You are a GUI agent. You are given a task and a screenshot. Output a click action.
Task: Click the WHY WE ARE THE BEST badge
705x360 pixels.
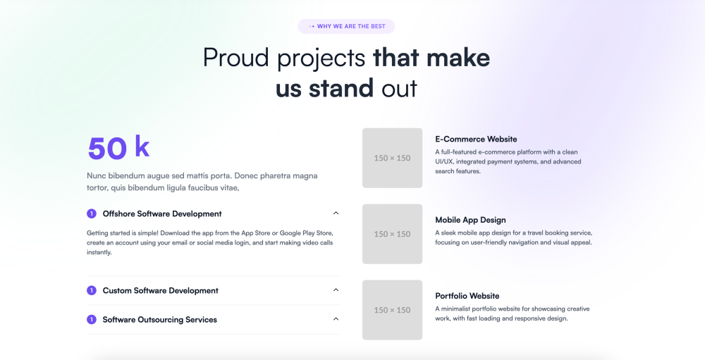tap(346, 27)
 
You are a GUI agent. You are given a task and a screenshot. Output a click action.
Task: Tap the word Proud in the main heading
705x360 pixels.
tap(236, 58)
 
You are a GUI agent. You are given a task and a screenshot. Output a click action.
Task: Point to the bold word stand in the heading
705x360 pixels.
tap(341, 87)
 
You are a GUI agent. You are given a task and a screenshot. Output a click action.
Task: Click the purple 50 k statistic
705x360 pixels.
tap(118, 147)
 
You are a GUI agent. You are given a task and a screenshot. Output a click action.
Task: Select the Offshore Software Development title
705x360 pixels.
tap(162, 214)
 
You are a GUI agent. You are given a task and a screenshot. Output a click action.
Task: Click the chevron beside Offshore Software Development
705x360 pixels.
tap(336, 213)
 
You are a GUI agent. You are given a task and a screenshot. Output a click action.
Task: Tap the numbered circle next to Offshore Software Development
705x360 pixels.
tap(92, 213)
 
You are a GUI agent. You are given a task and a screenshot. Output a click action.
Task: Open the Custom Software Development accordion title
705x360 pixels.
tap(161, 291)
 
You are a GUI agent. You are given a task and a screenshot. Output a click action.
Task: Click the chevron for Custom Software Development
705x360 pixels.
tap(336, 290)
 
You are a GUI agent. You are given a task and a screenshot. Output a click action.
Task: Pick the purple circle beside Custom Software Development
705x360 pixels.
tap(92, 290)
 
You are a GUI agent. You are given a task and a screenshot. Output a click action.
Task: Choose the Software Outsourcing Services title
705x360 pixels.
tap(159, 320)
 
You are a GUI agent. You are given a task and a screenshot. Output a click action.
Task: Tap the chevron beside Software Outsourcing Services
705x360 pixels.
tap(336, 319)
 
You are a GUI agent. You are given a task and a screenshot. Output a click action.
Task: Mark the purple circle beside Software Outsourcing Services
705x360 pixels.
tap(92, 320)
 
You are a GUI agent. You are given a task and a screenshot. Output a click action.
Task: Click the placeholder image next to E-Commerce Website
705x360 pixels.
tap(393, 158)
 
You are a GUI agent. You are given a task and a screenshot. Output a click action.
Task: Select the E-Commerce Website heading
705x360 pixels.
tap(476, 139)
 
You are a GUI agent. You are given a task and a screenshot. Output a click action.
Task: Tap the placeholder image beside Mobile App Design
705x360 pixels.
tap(393, 234)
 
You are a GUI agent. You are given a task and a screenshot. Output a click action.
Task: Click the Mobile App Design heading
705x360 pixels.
tap(470, 220)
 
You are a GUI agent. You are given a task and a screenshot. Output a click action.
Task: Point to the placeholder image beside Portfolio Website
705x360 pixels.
tap(393, 310)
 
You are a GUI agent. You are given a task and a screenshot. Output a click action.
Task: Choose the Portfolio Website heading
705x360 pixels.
tap(467, 296)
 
